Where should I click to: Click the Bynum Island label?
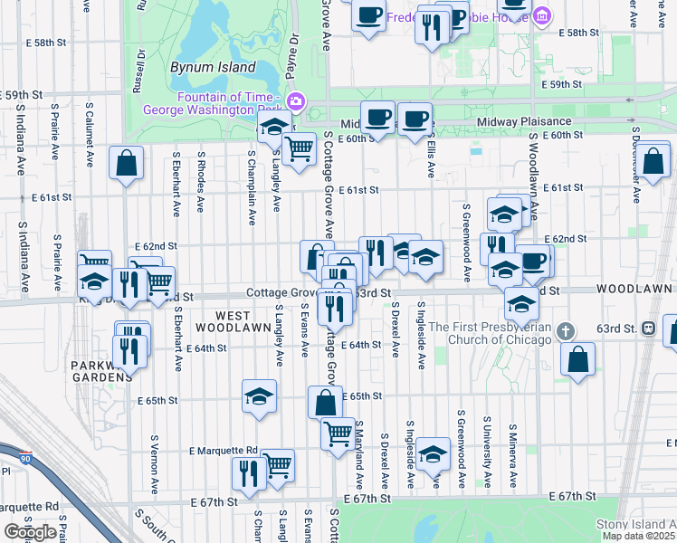[213, 67]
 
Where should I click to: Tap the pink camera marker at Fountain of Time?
[294, 100]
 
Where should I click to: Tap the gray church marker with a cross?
[567, 329]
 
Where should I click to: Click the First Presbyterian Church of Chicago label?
[490, 333]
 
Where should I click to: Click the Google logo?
[29, 532]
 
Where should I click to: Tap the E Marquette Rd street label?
[223, 450]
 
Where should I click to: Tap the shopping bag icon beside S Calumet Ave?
[127, 164]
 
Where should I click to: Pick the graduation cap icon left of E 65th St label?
[259, 396]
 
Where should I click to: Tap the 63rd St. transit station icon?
[648, 328]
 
